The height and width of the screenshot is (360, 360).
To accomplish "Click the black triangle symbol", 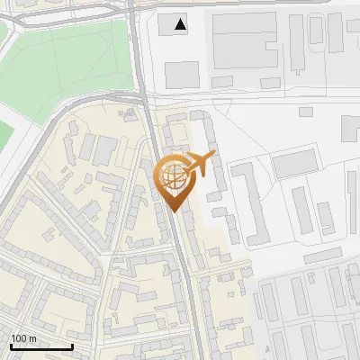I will point(182,24).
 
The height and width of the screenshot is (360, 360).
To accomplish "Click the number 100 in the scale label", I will point(19,338).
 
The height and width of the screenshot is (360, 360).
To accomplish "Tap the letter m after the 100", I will point(33,338).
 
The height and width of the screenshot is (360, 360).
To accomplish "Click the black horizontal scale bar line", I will point(41,346).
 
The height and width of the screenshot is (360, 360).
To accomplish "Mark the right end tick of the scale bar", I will point(72,345).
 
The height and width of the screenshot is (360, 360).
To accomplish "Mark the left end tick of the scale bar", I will point(11,345).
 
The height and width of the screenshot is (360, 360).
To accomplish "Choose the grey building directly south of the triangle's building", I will point(183,74).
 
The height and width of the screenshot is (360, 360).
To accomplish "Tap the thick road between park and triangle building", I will point(139,54).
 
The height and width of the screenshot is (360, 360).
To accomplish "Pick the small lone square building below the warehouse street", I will point(306,112).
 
